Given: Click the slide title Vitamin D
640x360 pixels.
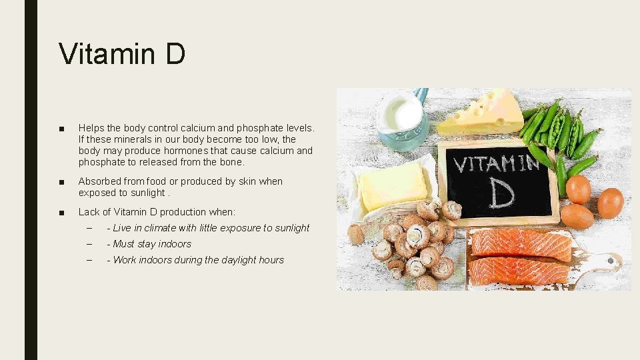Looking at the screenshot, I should (121, 53).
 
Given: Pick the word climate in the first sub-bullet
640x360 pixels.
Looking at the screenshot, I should (159, 228).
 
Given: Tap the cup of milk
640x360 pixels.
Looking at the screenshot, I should (401, 117).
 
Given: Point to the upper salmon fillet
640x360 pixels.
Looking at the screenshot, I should (520, 244).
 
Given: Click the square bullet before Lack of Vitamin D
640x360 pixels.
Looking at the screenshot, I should (61, 213).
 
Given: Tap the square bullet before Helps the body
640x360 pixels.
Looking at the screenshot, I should (61, 128).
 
